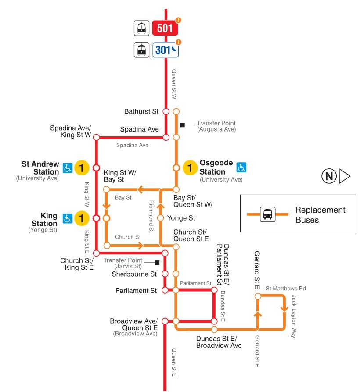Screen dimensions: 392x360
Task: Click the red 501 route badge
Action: click(165, 29)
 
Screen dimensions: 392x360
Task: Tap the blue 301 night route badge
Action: click(166, 50)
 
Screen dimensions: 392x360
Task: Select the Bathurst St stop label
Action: click(141, 111)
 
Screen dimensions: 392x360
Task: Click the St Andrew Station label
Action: click(40, 168)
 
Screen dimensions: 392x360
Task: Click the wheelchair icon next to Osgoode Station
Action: click(241, 167)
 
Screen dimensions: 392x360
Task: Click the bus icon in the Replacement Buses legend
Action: click(267, 214)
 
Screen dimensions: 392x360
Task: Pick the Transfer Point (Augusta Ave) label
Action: click(216, 126)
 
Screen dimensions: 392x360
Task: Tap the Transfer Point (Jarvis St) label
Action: click(122, 263)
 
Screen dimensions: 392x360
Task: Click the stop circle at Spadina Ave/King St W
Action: click(96, 137)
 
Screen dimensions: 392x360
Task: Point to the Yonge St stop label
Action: click(181, 218)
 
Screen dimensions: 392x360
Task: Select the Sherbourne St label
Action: click(135, 274)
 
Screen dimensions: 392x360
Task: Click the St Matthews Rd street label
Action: click(286, 288)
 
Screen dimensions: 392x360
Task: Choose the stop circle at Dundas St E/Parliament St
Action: click(214, 290)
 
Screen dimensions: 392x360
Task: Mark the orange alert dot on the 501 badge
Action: click(178, 20)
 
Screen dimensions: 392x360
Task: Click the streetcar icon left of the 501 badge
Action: click(141, 29)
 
